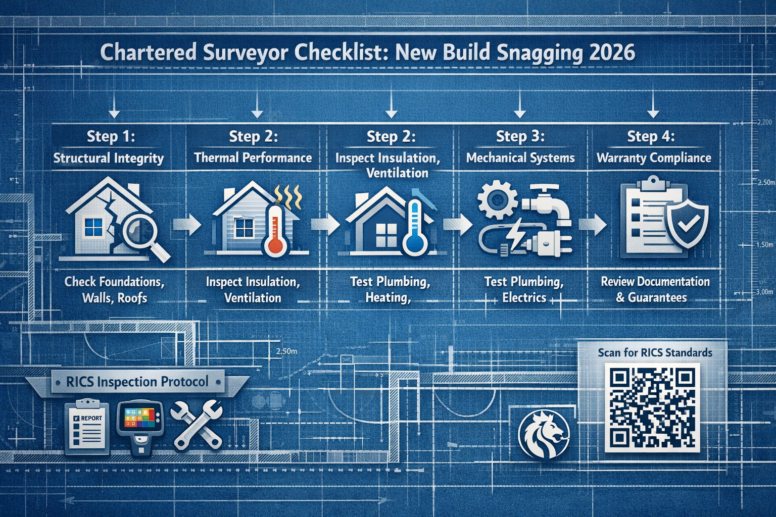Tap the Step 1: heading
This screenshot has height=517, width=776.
(x=111, y=136)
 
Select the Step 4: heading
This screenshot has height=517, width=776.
(x=651, y=136)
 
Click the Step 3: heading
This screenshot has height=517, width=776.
(x=520, y=136)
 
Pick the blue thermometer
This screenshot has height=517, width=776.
(x=415, y=227)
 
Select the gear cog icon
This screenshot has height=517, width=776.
(x=497, y=200)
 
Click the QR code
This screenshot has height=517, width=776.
(x=652, y=408)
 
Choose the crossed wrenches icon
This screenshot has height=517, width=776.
(x=196, y=425)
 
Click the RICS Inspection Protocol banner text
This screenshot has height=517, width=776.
(x=137, y=382)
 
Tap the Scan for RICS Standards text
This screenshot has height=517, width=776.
(x=655, y=352)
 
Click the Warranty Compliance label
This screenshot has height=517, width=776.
(x=654, y=158)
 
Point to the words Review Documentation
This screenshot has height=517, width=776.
(x=655, y=282)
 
